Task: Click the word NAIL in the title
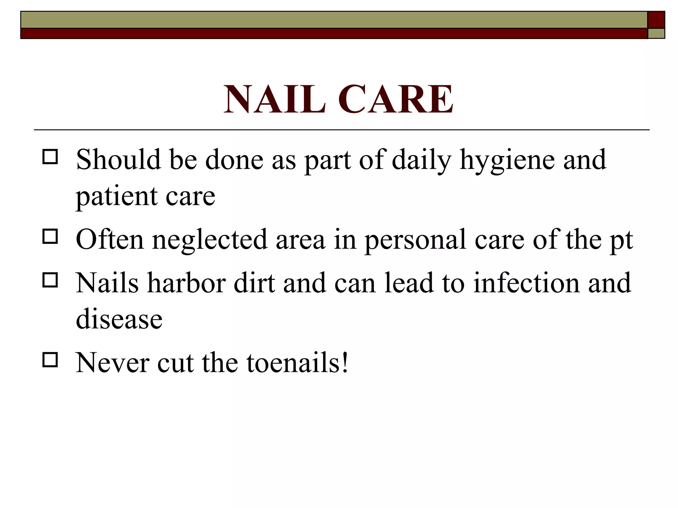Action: pos(274,99)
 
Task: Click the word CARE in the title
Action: pos(395,99)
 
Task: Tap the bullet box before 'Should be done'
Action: pos(50,157)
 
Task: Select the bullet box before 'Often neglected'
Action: pos(50,236)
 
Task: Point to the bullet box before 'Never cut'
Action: pos(50,360)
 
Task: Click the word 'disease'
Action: pos(119,319)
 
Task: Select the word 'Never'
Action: pos(113,363)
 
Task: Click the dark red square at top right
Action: pos(656,20)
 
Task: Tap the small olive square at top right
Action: pos(656,33)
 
